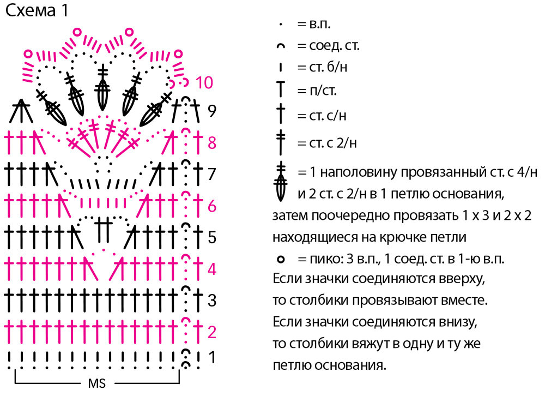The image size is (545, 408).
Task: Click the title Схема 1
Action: (37, 10)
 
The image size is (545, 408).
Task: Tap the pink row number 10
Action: (204, 83)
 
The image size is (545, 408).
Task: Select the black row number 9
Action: (212, 111)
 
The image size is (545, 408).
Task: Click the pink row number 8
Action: (212, 142)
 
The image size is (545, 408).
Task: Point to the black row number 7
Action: (212, 174)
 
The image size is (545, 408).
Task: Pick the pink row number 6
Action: (212, 206)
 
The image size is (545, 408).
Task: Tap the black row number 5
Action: (212, 237)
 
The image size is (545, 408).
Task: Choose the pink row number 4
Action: (212, 269)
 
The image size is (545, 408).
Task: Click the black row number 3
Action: (212, 300)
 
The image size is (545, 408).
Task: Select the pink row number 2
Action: (212, 332)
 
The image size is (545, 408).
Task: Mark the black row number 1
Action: (211, 357)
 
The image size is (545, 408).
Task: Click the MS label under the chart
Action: (96, 383)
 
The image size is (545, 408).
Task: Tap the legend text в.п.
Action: (320, 24)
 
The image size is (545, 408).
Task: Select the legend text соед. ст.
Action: (334, 46)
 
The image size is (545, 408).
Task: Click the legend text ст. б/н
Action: (328, 67)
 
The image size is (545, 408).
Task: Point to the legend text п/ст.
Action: (323, 91)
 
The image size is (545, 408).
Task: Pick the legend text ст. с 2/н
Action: (332, 143)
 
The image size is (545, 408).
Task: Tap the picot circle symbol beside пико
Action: (281, 260)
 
